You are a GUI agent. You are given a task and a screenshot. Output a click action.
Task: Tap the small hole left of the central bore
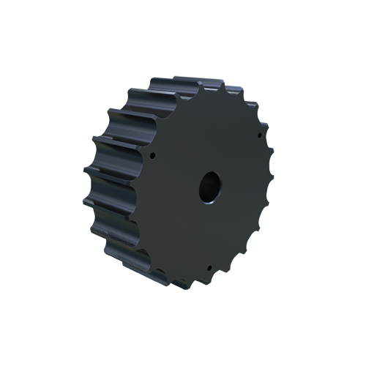pos(152,156)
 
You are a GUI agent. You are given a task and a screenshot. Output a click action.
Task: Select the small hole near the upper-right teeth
pos(261,135)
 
